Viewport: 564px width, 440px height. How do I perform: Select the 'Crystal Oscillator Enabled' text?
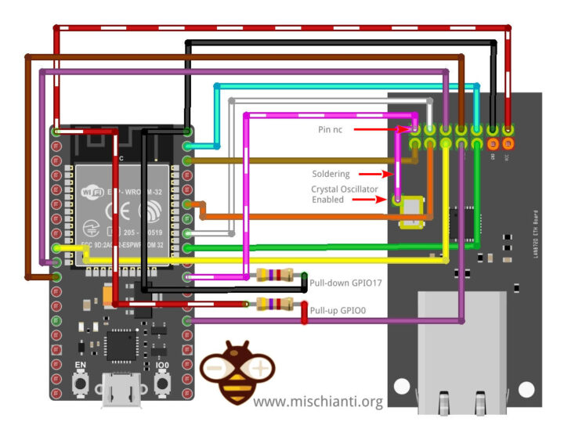tap(345, 194)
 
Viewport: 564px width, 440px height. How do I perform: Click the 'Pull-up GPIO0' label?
tap(338, 311)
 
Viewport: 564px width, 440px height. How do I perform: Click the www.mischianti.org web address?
tap(318, 402)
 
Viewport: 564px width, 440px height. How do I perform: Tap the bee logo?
tap(235, 372)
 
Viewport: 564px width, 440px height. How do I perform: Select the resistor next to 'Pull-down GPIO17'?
tap(274, 275)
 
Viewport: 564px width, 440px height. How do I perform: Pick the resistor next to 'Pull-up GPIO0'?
tap(274, 304)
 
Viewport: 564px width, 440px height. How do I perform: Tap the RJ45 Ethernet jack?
tap(463, 352)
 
